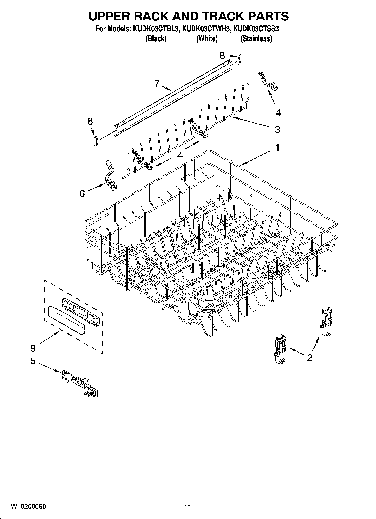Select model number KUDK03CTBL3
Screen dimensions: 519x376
155,29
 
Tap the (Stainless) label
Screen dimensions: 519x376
256,39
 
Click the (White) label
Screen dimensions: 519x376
207,39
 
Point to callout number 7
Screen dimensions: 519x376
157,83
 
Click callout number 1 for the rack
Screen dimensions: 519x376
277,148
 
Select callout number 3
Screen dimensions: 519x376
277,129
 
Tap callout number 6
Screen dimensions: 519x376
82,193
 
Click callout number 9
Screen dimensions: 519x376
33,348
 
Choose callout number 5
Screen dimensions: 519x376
33,361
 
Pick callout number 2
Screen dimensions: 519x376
310,358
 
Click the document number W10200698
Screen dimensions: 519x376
28,506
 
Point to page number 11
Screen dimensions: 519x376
188,507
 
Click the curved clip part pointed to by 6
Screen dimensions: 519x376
111,176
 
